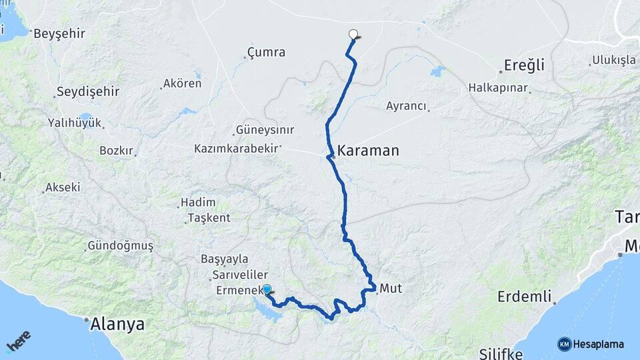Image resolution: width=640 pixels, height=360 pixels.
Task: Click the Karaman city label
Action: (x=368, y=151)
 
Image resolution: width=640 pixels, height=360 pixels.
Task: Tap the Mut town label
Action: (x=391, y=289)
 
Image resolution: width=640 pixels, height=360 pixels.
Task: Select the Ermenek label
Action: (x=238, y=291)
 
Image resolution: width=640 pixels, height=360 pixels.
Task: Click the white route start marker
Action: (x=353, y=34)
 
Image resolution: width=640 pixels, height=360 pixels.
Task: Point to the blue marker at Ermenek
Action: (x=267, y=289)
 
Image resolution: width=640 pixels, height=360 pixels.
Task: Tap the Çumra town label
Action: (x=266, y=52)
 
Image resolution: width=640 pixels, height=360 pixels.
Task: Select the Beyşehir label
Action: (x=59, y=33)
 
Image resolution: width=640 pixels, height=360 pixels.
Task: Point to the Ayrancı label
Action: (x=406, y=105)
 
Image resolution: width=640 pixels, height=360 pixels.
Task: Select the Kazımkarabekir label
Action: (x=236, y=148)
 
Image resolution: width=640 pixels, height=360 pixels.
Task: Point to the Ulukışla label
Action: (x=613, y=61)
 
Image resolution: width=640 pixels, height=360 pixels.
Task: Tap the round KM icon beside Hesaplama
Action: (x=564, y=344)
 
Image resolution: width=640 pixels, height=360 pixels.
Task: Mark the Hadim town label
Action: (x=198, y=203)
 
